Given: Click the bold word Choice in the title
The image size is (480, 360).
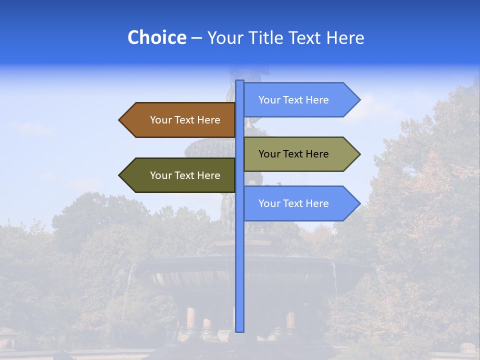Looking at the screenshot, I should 156,37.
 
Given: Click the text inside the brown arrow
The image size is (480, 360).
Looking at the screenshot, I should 185,120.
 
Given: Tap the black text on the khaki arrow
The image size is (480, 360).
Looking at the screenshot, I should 293,154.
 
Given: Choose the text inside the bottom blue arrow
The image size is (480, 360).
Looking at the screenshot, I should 293,203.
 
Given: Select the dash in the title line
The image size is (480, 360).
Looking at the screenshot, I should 196,38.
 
